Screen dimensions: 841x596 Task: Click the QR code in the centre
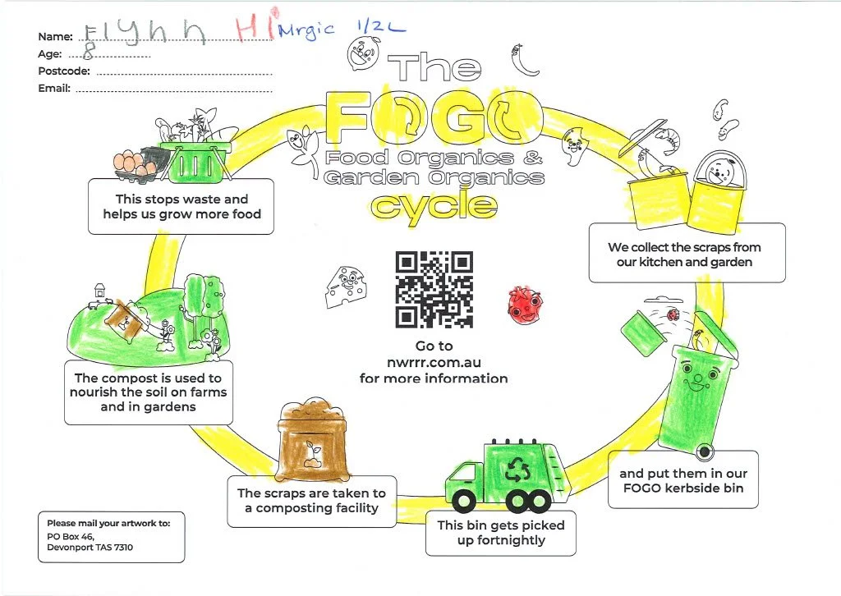[x=434, y=288]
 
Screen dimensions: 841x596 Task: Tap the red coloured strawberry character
[x=523, y=301]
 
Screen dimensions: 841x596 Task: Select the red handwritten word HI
[x=255, y=29]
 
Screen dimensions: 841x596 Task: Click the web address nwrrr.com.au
[x=434, y=362]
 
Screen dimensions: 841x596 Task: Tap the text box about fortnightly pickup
[x=500, y=532]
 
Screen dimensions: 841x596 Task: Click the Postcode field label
[x=64, y=71]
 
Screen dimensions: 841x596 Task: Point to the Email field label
[x=54, y=89]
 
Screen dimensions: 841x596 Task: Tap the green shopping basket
[x=191, y=161]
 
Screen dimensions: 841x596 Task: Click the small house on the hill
[x=100, y=290]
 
